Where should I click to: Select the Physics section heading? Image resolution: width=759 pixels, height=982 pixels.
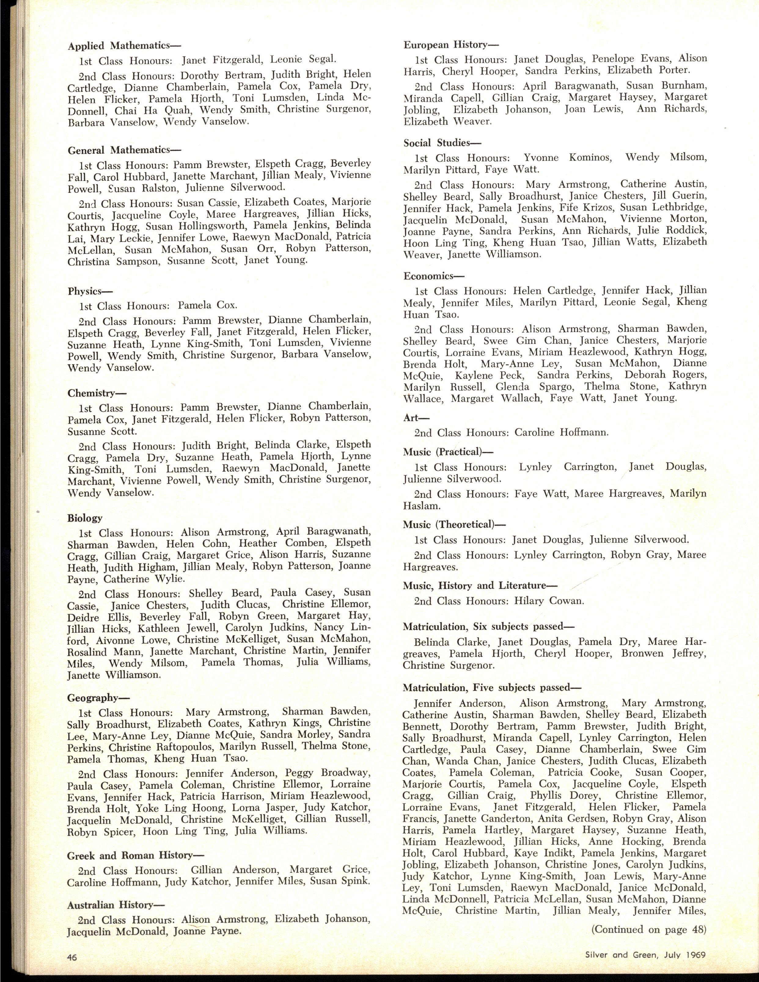point(90,291)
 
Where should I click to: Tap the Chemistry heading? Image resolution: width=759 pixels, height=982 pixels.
point(97,393)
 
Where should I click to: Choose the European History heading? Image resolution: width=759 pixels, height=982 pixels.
point(446,45)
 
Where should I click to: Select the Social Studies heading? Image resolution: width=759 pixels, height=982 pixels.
point(442,143)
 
